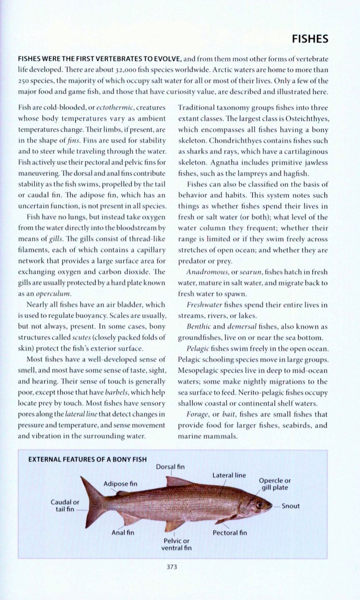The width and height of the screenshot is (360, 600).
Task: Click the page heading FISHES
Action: click(x=310, y=39)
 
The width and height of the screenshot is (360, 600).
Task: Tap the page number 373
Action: click(x=172, y=567)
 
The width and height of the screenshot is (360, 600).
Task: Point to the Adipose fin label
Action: click(x=120, y=483)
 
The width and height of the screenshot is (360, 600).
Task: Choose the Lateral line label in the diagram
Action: click(x=229, y=475)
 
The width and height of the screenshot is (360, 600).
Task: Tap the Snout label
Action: click(x=291, y=506)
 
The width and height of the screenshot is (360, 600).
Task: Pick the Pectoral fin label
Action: click(x=230, y=532)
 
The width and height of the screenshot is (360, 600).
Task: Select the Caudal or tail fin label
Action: click(x=65, y=506)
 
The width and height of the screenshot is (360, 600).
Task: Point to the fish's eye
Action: click(x=258, y=504)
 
